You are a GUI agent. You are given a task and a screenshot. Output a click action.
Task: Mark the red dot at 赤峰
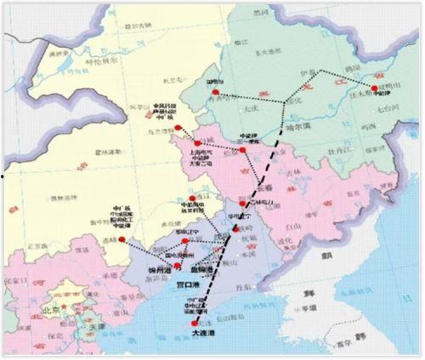click(122, 240)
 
